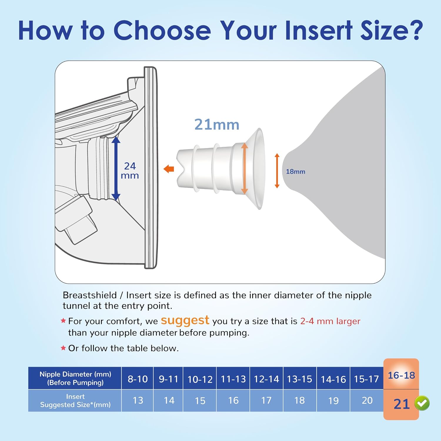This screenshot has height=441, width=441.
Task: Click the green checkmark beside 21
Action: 422,403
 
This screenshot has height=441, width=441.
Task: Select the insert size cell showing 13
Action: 138,400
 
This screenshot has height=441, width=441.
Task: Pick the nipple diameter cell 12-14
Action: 266,379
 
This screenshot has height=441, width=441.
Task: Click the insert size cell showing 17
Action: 266,400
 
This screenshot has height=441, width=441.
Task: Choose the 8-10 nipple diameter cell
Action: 138,379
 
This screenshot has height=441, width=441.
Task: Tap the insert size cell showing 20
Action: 367,400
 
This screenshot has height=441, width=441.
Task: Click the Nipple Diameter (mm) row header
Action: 75,378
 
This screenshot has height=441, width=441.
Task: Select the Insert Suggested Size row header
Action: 75,400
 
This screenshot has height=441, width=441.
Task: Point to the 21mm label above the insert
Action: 217,125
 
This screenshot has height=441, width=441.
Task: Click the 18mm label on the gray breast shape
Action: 295,171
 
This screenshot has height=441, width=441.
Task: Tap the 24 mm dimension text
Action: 130,171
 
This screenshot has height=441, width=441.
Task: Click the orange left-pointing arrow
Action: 169,169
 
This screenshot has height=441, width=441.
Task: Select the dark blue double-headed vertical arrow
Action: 116,168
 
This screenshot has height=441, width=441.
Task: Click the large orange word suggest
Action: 185,320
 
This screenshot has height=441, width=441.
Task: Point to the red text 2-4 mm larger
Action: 330,321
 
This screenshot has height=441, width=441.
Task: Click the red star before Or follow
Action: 63,348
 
